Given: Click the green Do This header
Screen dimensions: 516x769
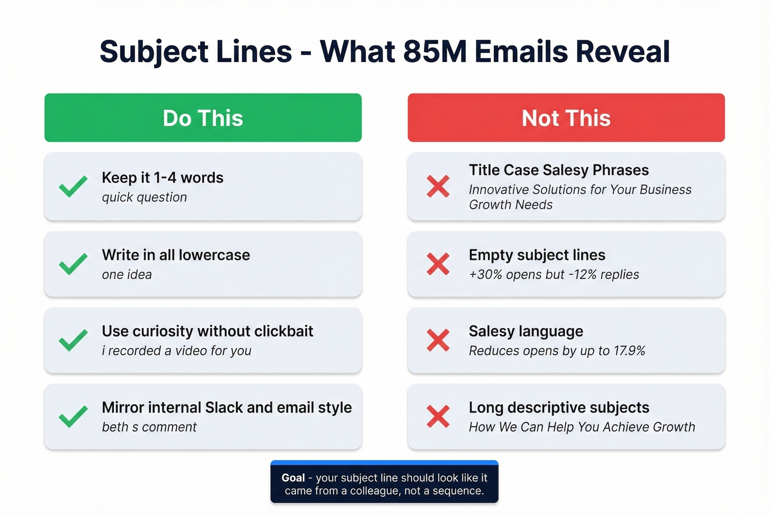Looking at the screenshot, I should [203, 118].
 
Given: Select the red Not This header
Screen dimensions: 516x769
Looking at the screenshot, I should [566, 118].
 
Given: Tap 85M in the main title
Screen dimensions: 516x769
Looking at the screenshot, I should [434, 52].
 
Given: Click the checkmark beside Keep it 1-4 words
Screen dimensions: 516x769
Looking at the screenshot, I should [73, 186].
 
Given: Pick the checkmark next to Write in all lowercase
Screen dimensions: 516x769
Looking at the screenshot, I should [73, 264].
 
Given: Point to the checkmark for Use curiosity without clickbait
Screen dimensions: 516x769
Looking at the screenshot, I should [73, 340].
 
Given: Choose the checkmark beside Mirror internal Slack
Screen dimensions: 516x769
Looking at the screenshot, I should [73, 417].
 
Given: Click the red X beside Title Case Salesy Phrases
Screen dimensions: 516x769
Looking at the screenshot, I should [438, 186].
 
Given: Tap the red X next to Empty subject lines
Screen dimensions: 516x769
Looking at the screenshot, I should [438, 264].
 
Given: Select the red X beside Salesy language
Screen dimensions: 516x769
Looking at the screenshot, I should [438, 340].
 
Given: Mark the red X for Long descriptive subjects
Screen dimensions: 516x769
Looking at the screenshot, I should [438, 417].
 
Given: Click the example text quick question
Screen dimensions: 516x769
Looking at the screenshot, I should [144, 197].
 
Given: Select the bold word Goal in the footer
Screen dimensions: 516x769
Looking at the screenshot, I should [293, 478].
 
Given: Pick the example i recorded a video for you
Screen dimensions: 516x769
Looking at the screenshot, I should [176, 351].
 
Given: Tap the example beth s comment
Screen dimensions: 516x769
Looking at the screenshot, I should [149, 427].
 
